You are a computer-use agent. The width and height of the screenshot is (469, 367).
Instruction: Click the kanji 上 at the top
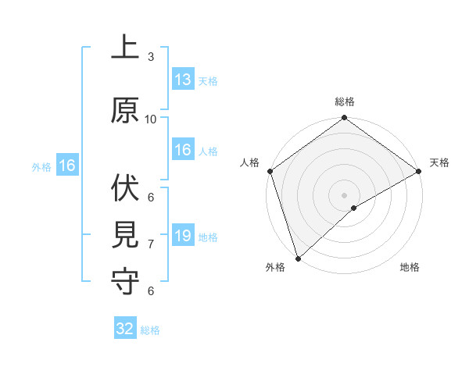coord(126,48)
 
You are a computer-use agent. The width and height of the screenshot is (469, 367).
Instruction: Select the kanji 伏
coord(126,188)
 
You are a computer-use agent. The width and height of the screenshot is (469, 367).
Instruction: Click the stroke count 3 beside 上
coord(151,57)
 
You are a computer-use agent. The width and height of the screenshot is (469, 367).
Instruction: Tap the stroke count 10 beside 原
coord(151,119)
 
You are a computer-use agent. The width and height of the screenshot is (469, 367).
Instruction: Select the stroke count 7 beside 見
coord(151,244)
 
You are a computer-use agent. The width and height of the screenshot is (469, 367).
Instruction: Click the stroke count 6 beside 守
coord(151,291)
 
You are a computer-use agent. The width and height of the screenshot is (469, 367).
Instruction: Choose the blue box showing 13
coord(183,80)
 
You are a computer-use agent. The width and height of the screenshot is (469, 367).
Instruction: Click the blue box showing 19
coord(183,236)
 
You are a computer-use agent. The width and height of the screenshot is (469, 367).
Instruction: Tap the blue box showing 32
coord(125,329)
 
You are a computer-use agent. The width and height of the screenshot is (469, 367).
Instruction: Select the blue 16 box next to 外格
coord(66,166)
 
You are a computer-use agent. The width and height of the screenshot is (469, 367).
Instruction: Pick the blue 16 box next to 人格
coord(183,150)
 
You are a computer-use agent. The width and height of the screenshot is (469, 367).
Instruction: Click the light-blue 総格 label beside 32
coord(150,330)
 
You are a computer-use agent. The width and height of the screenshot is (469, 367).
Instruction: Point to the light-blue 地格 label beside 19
coord(208,237)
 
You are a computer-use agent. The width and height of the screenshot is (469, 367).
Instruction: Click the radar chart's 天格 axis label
coord(439,162)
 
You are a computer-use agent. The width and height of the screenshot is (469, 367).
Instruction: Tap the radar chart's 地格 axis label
coord(410,268)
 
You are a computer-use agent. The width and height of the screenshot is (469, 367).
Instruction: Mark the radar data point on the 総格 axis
coord(344,118)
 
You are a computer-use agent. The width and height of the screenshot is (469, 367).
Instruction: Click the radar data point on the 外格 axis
coord(297,258)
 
